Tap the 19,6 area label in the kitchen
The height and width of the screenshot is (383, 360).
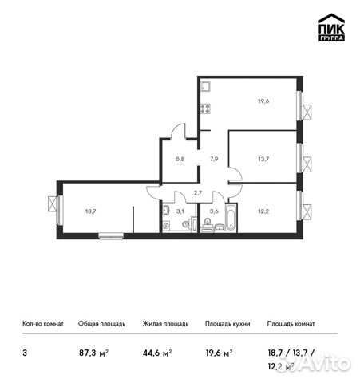[x=263, y=101]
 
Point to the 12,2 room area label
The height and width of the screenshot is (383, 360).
[x=263, y=212]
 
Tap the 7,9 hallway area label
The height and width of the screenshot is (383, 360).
[x=214, y=160]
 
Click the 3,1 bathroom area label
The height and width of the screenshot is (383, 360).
[x=180, y=211]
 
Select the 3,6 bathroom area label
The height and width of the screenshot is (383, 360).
[x=214, y=211]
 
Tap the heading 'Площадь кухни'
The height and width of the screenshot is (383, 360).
[x=227, y=324]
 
